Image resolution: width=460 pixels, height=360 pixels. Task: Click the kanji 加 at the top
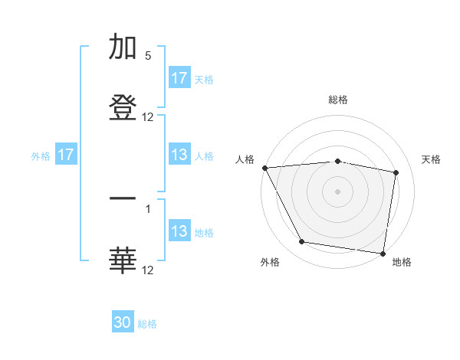123,47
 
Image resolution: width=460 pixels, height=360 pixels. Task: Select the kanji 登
123,106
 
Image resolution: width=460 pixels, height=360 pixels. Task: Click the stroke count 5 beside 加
148,56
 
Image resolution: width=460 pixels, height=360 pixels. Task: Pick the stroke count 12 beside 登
148,117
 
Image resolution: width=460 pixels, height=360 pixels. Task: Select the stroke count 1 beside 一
148,207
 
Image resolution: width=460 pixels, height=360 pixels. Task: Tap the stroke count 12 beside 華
148,270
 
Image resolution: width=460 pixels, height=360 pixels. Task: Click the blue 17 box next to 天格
179,78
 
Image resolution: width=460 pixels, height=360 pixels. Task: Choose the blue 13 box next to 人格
179,155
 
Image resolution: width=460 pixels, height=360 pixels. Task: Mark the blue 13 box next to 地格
179,231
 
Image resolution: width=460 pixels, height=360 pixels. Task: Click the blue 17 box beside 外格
66,155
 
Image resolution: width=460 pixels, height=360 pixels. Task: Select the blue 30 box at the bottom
123,322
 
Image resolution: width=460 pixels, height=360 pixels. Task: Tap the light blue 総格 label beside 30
147,324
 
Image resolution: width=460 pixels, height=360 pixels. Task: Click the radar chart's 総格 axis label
338,100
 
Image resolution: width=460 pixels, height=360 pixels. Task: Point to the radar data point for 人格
264,168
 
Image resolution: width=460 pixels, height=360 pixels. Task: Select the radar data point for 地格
383,253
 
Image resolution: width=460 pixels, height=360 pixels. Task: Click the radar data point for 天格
396,172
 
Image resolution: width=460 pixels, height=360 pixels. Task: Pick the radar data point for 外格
302,242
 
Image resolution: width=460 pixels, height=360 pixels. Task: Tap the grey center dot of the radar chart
338,191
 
